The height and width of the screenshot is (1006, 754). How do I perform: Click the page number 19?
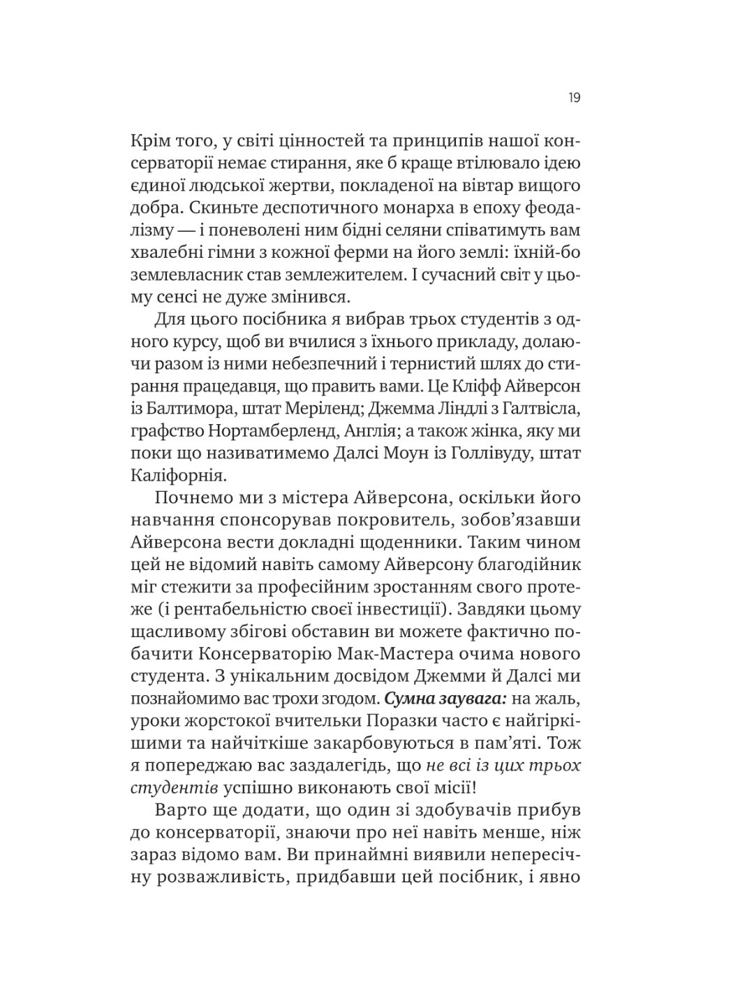(573, 98)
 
